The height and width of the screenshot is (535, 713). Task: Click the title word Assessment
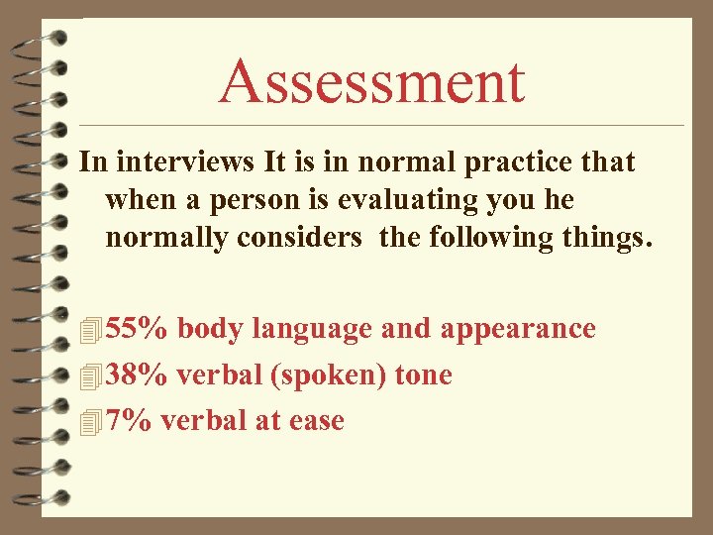371,81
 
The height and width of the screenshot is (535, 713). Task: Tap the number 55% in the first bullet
137,329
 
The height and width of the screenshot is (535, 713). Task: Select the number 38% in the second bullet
137,375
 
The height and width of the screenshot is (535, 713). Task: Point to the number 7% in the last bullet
128,421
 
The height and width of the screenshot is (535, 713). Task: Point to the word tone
423,376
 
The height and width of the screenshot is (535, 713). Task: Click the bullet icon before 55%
91,330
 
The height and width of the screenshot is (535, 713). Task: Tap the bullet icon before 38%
91,376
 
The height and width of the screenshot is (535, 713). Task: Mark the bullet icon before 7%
91,422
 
